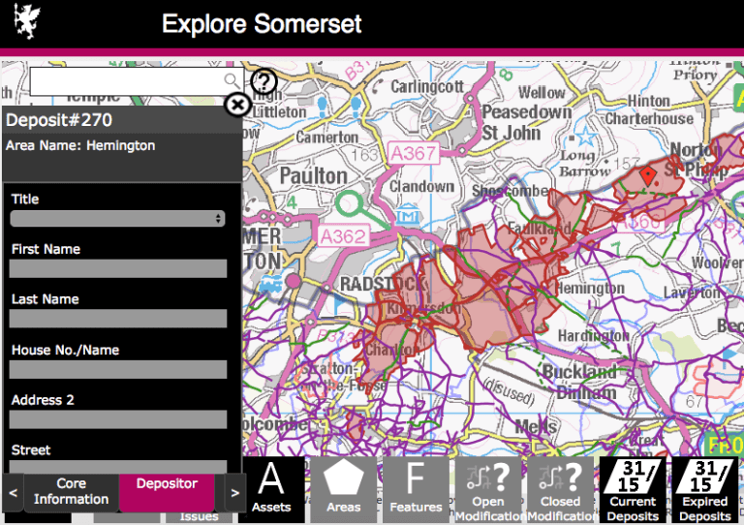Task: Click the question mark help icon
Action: pyautogui.click(x=263, y=81)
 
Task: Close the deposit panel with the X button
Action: pyautogui.click(x=237, y=105)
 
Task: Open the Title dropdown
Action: pyautogui.click(x=117, y=219)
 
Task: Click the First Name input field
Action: pyautogui.click(x=117, y=268)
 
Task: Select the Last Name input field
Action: pyautogui.click(x=117, y=319)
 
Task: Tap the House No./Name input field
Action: pyautogui.click(x=117, y=369)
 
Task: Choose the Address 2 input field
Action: pyautogui.click(x=117, y=419)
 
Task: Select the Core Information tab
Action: pyautogui.click(x=71, y=491)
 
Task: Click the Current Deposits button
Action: pyautogui.click(x=632, y=489)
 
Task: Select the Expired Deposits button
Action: pyautogui.click(x=704, y=489)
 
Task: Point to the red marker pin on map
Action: pyautogui.click(x=648, y=174)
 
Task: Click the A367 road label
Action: pyautogui.click(x=414, y=154)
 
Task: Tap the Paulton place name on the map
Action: pyautogui.click(x=313, y=175)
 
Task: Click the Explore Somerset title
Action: pyautogui.click(x=262, y=23)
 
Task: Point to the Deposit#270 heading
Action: pyautogui.click(x=60, y=120)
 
